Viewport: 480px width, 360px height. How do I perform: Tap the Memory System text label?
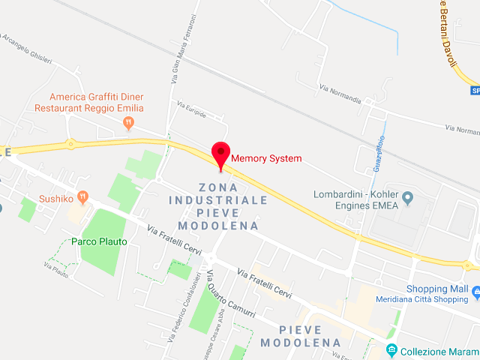(266, 158)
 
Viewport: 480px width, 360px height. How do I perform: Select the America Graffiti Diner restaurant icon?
(128, 121)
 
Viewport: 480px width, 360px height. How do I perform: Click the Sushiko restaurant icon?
(82, 198)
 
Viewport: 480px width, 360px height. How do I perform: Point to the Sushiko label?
(56, 199)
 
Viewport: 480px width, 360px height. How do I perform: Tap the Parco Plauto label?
(99, 241)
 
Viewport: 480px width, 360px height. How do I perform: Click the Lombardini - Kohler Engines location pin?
(408, 198)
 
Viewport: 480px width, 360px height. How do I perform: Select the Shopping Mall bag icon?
(475, 289)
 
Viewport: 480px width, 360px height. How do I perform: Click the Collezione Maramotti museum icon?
(391, 350)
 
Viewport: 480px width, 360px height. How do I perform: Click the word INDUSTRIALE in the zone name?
(218, 200)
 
